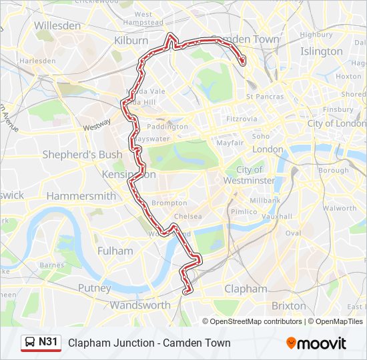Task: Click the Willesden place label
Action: coord(57,25)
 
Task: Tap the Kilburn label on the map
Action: coord(131,41)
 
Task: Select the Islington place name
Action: coord(321,51)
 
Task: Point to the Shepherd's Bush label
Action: coord(82,155)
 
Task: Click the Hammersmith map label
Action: coord(81,196)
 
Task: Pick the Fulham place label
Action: coord(115,251)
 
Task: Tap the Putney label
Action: coord(95,288)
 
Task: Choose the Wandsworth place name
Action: coord(140,305)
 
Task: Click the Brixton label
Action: coord(288,305)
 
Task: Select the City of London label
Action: coord(336,123)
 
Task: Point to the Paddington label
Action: coord(167,127)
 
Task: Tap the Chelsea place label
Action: coord(188,217)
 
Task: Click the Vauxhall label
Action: coord(277,217)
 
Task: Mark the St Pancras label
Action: coord(265,97)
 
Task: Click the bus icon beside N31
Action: coord(30,343)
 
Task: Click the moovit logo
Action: coord(316,343)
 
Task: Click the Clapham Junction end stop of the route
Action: coord(188,290)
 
